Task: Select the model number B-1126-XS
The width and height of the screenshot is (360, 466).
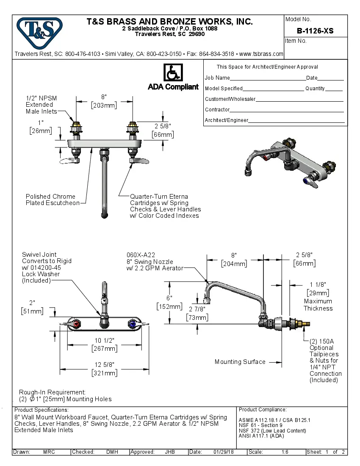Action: tap(315, 31)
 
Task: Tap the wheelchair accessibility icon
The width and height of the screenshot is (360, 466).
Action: tap(173, 73)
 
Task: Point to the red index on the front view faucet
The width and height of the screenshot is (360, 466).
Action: tap(77, 325)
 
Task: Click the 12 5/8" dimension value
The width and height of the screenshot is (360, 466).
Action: tap(104, 365)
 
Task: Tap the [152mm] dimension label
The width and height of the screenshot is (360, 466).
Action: tap(169, 306)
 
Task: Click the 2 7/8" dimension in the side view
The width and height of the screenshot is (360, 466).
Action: tap(197, 310)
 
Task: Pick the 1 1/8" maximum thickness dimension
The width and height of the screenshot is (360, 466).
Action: tap(318, 285)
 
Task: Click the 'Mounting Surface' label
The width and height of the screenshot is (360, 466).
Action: tap(240, 362)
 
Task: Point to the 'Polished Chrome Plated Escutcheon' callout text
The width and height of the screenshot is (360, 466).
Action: tap(53, 200)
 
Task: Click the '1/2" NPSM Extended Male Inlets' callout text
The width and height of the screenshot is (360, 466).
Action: tap(41, 105)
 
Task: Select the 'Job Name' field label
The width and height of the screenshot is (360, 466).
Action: tap(217, 78)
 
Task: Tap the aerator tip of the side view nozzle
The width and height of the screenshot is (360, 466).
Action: tap(207, 302)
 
